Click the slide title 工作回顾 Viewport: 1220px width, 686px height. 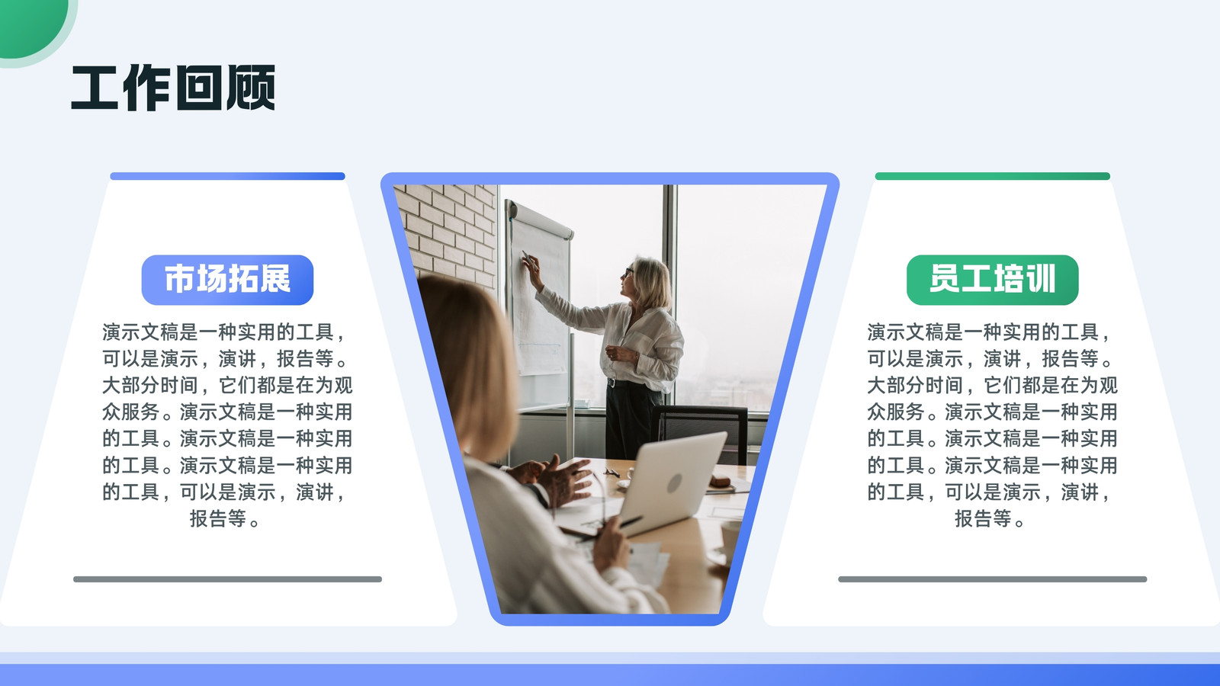[x=173, y=88]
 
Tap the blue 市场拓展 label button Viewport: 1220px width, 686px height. [x=228, y=280]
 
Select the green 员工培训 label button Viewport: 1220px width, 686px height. [x=992, y=280]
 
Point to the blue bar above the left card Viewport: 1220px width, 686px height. [x=228, y=176]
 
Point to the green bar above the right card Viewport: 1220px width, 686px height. [x=992, y=176]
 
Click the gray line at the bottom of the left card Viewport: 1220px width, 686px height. [x=228, y=579]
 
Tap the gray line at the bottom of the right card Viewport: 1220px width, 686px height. [x=992, y=579]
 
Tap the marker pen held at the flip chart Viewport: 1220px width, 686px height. [x=527, y=258]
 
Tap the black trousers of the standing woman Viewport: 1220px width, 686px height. [x=633, y=419]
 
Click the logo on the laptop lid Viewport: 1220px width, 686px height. [x=674, y=483]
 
